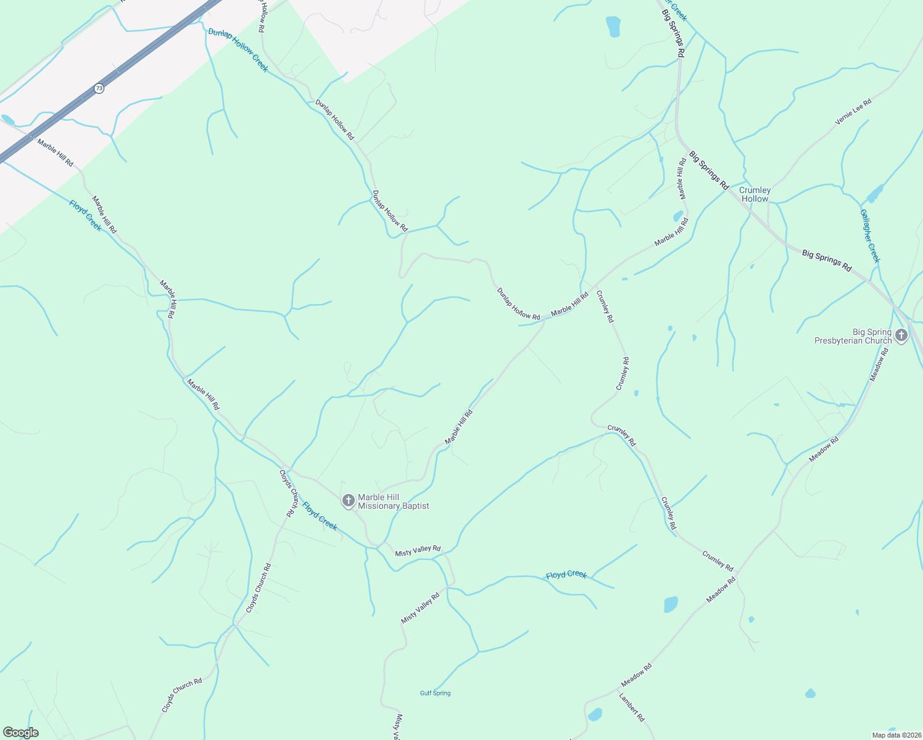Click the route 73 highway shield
coord(99,88)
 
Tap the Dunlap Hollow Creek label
coord(238,50)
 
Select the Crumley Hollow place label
coord(755,195)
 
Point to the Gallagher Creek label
coord(869,236)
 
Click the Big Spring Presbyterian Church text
coord(853,336)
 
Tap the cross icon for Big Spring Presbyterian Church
coord(901,336)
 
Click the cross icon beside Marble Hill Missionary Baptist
coord(349,501)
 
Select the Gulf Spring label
coord(435,693)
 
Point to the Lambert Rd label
coord(632,708)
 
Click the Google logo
coord(20,733)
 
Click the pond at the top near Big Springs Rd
coord(613,27)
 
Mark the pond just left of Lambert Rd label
coord(595,714)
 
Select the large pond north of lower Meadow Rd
coord(671,604)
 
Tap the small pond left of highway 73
coord(7,119)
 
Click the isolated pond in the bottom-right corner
coord(811,693)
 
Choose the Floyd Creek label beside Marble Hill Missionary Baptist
coord(320,516)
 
